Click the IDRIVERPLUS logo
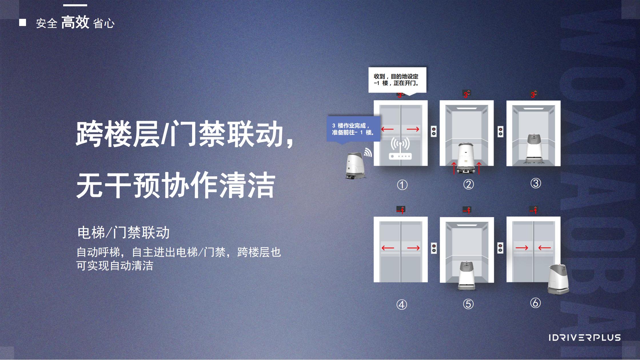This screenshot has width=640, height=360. coord(585,338)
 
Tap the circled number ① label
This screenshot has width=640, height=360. coord(402,185)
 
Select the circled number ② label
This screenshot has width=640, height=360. coord(468,184)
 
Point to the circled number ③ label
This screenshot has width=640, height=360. coord(536,183)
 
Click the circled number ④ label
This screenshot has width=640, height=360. coord(402,305)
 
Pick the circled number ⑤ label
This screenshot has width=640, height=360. coord(468,304)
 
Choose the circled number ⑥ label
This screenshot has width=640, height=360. coord(535,303)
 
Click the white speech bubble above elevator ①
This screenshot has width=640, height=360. coord(397,80)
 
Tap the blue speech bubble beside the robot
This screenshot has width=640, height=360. coord(354,129)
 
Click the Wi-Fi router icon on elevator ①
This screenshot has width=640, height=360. coord(400,149)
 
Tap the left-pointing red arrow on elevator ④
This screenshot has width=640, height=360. coord(388,248)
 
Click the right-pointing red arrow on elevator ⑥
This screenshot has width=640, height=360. coord(522,248)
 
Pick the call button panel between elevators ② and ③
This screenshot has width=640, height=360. coord(501,132)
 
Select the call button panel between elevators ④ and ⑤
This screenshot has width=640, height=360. coord(434,248)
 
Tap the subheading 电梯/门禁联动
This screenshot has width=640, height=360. coord(123,233)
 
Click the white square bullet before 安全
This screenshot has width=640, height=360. coord(23,23)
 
